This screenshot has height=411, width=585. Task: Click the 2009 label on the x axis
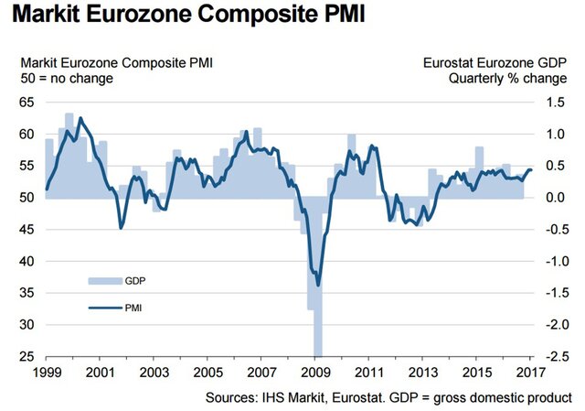point(314,373)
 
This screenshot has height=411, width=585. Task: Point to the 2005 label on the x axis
point(208,373)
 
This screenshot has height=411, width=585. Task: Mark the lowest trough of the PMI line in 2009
point(318,285)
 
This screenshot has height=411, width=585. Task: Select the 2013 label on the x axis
point(423,373)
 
